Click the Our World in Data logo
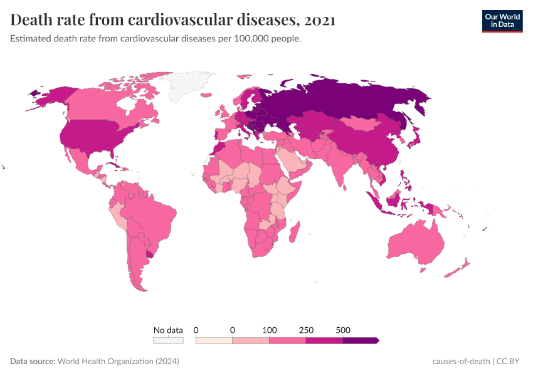(x=502, y=21)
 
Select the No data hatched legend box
(x=168, y=340)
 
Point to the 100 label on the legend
(x=269, y=330)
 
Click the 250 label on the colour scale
(x=306, y=330)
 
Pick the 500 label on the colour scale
(x=343, y=330)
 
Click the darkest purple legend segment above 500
(x=361, y=340)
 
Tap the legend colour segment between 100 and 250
(x=288, y=340)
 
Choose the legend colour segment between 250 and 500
(x=325, y=340)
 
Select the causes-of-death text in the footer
(x=461, y=362)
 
